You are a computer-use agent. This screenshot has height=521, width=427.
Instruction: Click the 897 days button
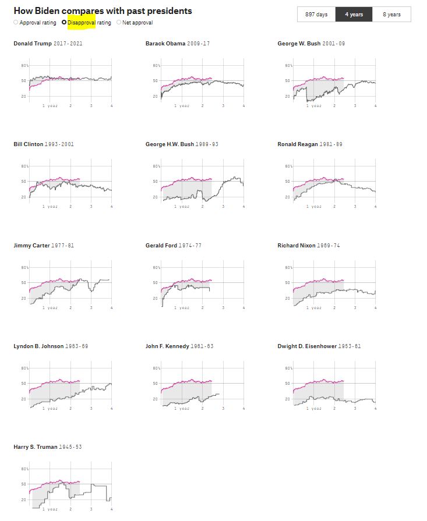[316, 15]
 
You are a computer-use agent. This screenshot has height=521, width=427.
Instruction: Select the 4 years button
[354, 15]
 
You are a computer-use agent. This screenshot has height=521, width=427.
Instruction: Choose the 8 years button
[391, 15]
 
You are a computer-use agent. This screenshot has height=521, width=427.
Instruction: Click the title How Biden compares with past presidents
[103, 11]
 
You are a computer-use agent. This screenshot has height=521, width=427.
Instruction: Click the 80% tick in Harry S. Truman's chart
[25, 469]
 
